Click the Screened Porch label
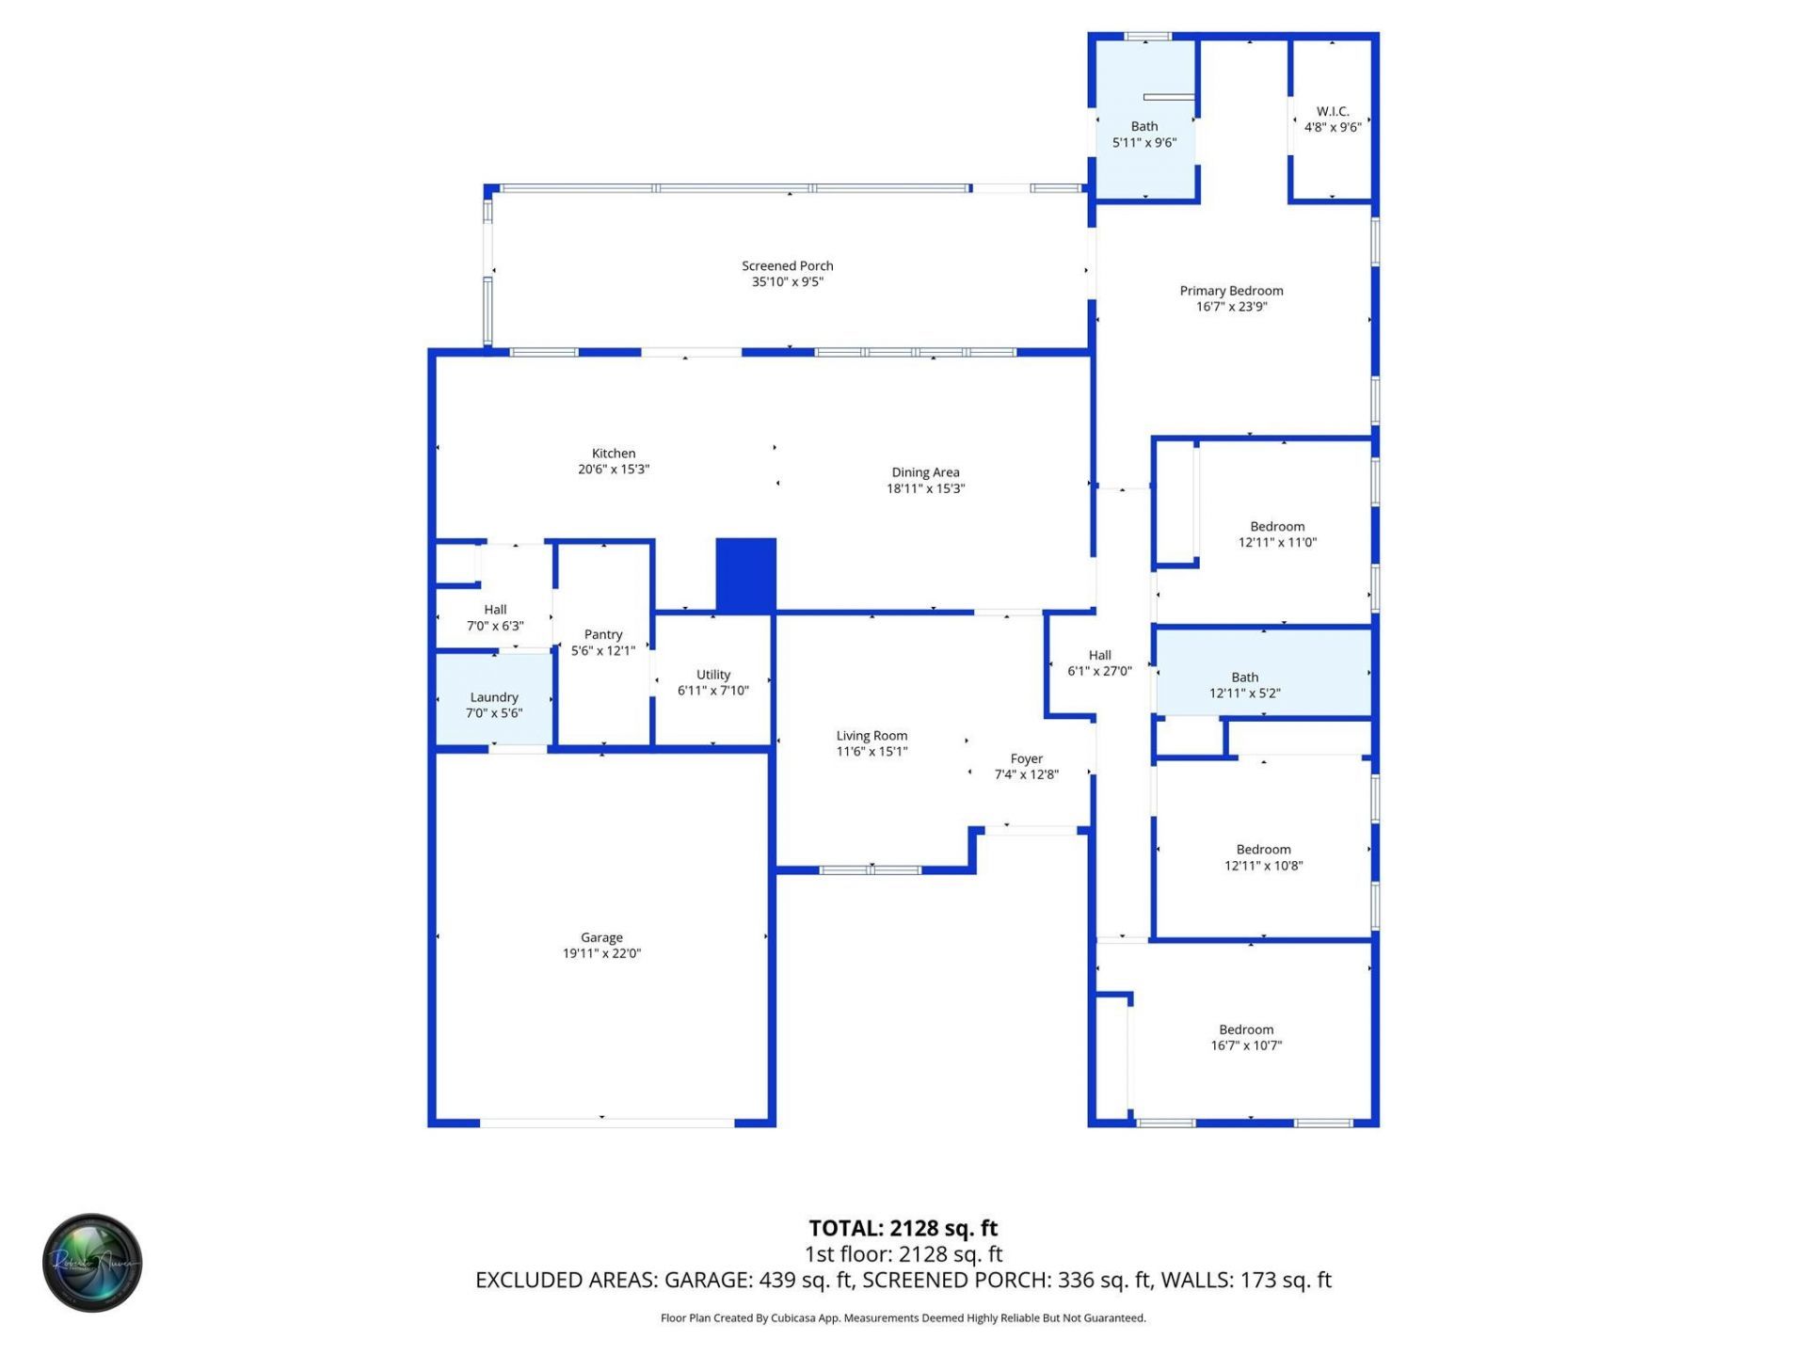(787, 265)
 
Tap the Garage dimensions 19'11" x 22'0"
(601, 953)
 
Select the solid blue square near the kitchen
(745, 574)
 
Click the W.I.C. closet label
(1332, 111)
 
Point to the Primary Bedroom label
(1231, 291)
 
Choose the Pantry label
(602, 634)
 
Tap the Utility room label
(712, 674)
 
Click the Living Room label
(872, 736)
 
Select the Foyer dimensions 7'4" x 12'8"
(1026, 774)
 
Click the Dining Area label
(925, 472)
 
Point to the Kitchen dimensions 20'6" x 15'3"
(614, 469)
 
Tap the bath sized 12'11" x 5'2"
(1244, 685)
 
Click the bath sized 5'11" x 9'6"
(1143, 135)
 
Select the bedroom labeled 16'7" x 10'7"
(1246, 1037)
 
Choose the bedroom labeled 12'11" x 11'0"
(1277, 534)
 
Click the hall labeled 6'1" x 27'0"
(1099, 662)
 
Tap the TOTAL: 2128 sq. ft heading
(903, 1228)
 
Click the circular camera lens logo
(92, 1262)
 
